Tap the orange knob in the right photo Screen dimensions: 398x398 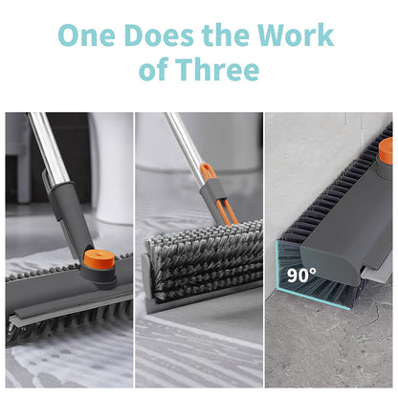[x=386, y=150]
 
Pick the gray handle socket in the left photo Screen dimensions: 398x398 [x=68, y=230]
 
